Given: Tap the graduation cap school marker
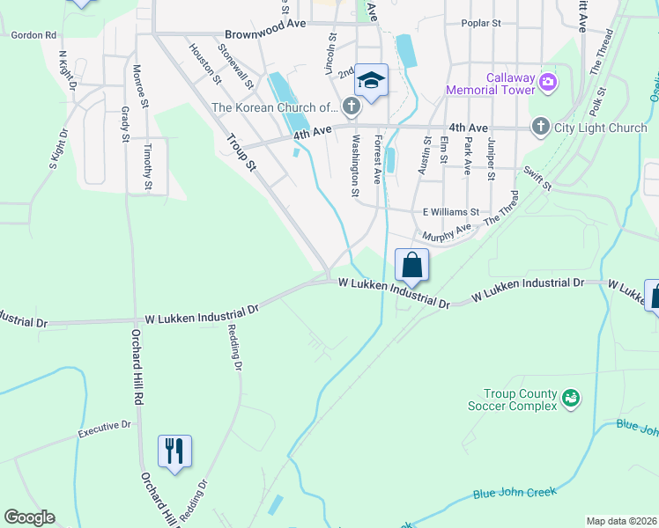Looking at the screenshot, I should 371,80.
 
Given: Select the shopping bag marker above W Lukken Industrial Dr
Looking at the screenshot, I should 411,264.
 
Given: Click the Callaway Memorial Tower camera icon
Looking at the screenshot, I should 549,82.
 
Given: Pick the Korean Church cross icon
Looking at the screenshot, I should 352,107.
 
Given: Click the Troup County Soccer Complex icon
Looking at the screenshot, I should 570,400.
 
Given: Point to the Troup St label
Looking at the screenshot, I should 240,152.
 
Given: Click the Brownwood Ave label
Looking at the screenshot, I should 264,33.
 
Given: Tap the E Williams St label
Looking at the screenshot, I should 450,212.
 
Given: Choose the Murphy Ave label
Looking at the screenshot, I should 447,235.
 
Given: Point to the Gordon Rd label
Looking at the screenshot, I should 33,35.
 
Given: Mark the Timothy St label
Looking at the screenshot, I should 148,166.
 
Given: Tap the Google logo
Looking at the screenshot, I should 29,517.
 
